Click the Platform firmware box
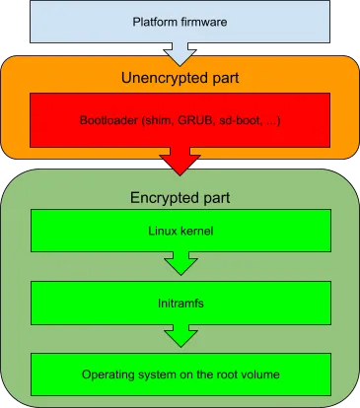point(180,21)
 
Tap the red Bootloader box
point(180,120)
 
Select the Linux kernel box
point(180,230)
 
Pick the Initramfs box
point(180,303)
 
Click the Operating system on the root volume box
point(180,375)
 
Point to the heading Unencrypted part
point(180,78)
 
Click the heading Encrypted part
point(180,195)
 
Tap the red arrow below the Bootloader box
point(180,159)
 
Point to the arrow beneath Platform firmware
point(180,48)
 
